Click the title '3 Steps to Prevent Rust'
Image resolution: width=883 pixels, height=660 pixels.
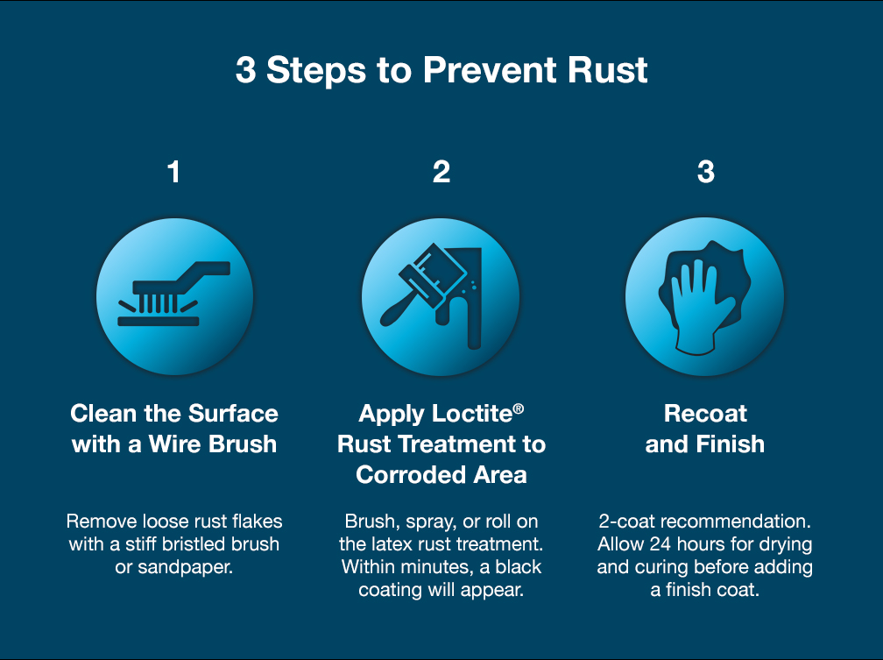441,70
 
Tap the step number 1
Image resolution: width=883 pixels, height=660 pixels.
173,172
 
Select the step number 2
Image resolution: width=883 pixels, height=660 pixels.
441,172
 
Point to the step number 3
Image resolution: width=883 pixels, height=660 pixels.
705,172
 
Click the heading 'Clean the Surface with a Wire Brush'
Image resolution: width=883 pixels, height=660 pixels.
173,429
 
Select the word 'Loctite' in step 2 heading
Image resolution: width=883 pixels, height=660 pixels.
473,414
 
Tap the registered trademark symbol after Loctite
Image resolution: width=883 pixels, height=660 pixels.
518,408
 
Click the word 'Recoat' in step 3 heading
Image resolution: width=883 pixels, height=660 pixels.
705,414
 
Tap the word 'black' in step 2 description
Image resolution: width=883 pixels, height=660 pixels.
516,566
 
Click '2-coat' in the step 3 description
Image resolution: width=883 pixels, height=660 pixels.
627,521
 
